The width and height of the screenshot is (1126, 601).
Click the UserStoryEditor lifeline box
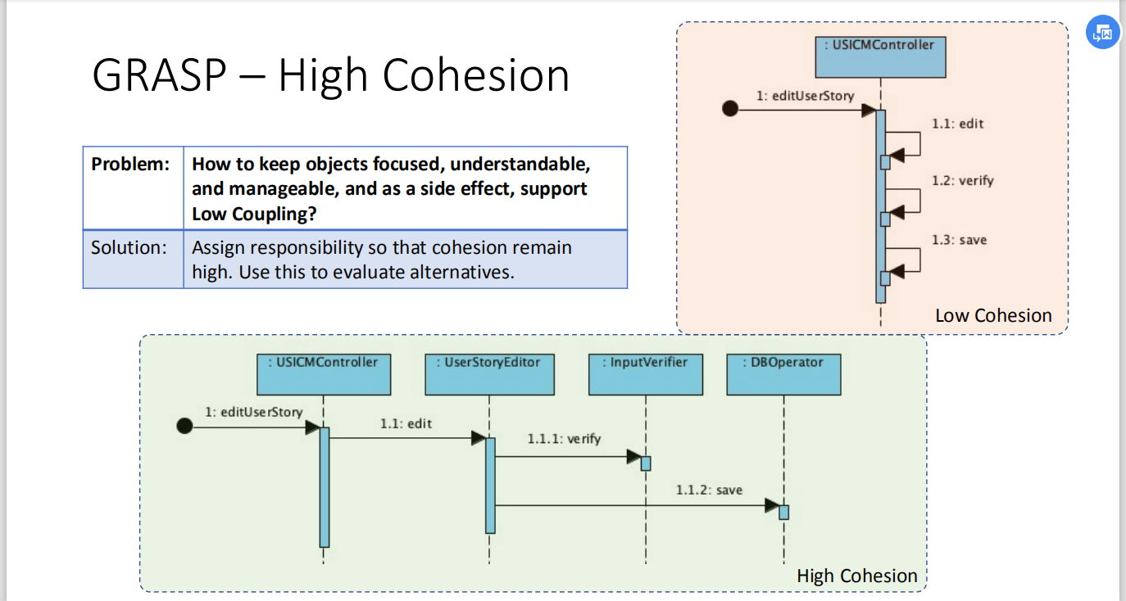[x=489, y=374]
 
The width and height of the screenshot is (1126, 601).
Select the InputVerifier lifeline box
[x=646, y=374]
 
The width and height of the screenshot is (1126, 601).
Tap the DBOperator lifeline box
[x=783, y=374]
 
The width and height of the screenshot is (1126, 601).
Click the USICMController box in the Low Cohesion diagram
[x=881, y=57]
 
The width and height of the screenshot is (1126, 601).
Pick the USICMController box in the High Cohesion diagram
[x=324, y=374]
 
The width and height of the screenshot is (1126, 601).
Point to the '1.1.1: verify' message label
[x=564, y=439]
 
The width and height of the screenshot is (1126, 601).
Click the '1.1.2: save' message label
[x=709, y=490]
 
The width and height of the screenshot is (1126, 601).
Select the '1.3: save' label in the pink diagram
[x=959, y=240]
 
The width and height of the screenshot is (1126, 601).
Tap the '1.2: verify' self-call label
[x=963, y=181]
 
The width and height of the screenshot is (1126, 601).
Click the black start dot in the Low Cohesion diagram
[x=730, y=108]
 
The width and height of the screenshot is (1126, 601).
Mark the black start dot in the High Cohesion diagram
[x=184, y=426]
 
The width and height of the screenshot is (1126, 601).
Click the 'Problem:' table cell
[x=134, y=188]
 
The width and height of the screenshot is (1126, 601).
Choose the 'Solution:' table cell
[x=134, y=259]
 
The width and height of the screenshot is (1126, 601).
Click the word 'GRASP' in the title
[x=159, y=75]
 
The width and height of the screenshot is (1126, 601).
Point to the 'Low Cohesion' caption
[x=993, y=315]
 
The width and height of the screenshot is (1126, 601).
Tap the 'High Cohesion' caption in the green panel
[x=856, y=576]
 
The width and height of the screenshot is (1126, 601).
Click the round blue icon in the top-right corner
[x=1102, y=33]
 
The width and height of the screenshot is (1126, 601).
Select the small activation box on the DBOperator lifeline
[x=783, y=513]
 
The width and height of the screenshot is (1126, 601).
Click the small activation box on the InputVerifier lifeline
[x=646, y=463]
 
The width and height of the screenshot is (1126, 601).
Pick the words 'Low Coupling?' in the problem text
[x=254, y=215]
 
